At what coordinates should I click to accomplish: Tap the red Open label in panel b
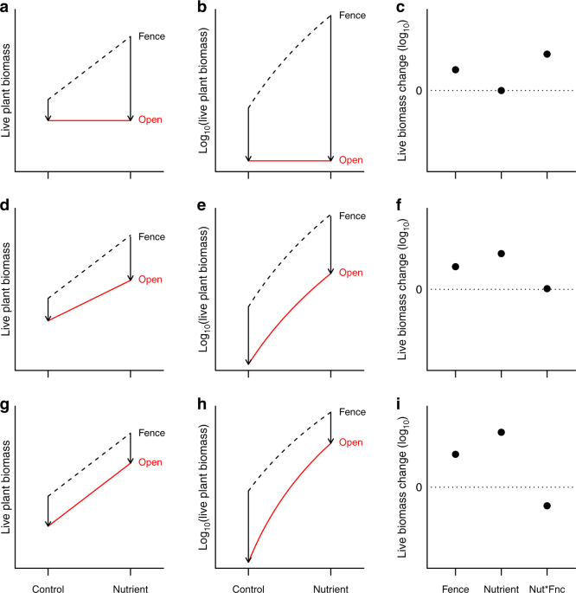click(x=351, y=160)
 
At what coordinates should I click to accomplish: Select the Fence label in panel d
click(x=152, y=235)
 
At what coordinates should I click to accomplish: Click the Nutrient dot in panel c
click(x=501, y=91)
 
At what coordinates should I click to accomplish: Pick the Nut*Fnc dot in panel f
click(x=547, y=288)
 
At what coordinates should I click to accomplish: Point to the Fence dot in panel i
click(x=455, y=454)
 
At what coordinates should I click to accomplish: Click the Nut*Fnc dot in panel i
click(x=547, y=506)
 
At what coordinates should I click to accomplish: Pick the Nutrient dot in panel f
click(x=501, y=254)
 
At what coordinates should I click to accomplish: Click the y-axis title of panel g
click(x=8, y=479)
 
